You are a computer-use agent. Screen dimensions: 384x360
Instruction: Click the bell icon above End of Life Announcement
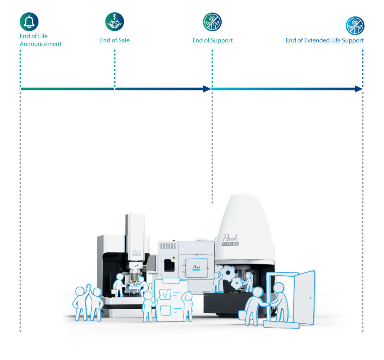click(29, 22)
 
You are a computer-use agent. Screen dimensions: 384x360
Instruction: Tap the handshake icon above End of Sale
click(115, 22)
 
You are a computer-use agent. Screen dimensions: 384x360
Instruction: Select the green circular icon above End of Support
click(212, 22)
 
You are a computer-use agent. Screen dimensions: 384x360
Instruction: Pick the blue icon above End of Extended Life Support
click(355, 26)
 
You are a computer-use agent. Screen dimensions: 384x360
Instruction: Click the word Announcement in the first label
click(41, 44)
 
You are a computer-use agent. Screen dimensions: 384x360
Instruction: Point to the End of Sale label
click(115, 40)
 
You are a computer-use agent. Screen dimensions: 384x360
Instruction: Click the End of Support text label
click(212, 40)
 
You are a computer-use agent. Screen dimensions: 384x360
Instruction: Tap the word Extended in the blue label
click(319, 40)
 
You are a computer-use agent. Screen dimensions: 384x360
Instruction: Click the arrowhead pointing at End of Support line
click(207, 89)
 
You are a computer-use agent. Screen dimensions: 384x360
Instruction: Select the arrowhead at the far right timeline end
click(358, 89)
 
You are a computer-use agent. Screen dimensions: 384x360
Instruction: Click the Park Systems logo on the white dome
click(230, 240)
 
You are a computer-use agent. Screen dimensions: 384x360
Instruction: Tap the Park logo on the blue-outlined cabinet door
click(196, 268)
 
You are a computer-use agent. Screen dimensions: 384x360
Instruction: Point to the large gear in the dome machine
click(228, 272)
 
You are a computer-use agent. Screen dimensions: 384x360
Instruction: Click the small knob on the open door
click(310, 298)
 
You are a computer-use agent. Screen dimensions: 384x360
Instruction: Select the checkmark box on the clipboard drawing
click(165, 294)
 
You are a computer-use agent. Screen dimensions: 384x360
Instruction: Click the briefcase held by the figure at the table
click(114, 292)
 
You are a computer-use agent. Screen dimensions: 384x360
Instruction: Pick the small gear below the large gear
click(237, 284)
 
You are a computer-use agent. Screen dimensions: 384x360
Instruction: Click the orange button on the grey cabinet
click(174, 258)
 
